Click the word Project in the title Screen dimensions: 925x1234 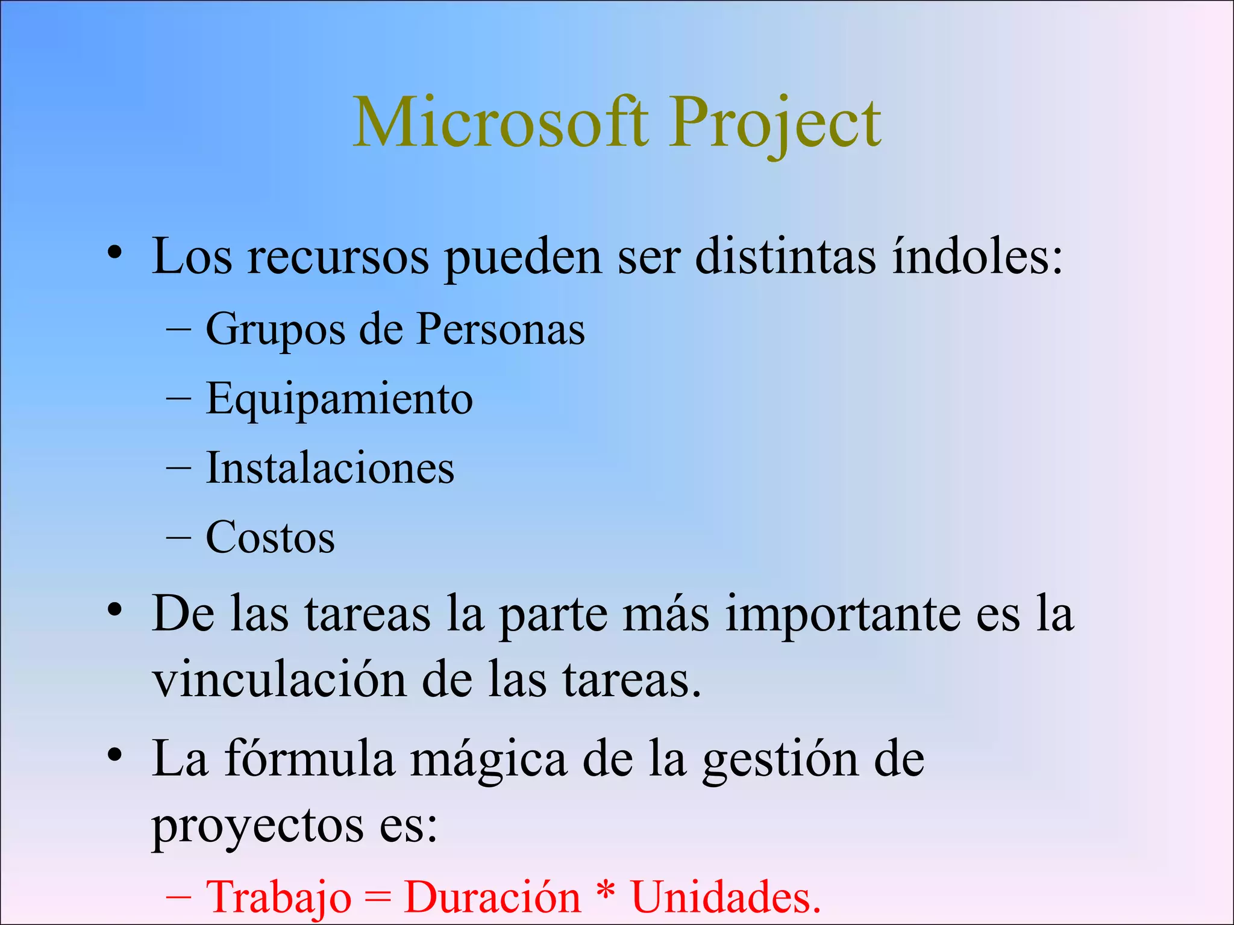(775, 123)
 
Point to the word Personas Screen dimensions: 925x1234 (500, 329)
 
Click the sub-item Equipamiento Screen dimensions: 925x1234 (339, 399)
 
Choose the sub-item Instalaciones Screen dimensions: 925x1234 (330, 468)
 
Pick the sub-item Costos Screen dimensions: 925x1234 (271, 537)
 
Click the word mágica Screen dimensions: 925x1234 (489, 760)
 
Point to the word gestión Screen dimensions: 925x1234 (780, 760)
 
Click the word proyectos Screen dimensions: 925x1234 (257, 826)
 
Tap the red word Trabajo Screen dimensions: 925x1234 (278, 897)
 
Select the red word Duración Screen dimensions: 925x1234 (492, 897)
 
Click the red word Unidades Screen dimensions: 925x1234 (725, 897)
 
